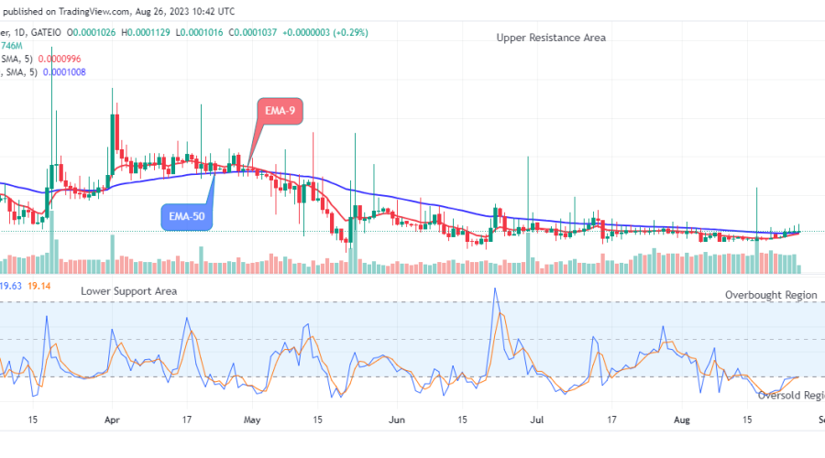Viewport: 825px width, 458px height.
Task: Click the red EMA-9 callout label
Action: tap(280, 112)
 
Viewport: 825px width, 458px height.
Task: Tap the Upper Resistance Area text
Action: tap(551, 38)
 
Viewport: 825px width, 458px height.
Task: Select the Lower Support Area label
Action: tap(128, 290)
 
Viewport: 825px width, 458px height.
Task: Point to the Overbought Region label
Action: tap(770, 295)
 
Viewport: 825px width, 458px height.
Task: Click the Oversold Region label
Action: tap(790, 395)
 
